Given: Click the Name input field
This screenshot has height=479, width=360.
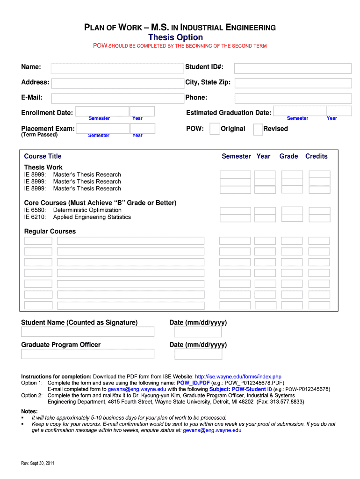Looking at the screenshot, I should [117, 68].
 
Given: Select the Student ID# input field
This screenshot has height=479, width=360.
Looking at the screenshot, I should [293, 68].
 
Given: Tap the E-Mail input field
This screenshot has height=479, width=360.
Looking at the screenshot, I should [117, 98].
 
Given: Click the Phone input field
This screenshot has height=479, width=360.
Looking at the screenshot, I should [293, 98].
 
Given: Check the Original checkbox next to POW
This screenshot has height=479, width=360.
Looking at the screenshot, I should [215, 129].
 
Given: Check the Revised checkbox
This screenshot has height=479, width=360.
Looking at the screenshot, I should [258, 130].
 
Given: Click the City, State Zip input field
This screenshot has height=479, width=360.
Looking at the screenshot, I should [293, 83].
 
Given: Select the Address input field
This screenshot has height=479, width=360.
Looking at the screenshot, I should [117, 83].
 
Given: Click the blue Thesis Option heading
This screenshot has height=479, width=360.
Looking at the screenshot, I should [175, 37].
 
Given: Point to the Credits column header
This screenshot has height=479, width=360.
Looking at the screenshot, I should [316, 156].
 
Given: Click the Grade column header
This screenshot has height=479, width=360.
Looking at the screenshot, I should [288, 156].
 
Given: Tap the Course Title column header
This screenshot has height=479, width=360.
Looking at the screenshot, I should [43, 156].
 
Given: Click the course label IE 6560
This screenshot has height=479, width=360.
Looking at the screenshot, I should [35, 210].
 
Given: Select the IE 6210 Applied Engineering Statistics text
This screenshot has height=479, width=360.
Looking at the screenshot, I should [78, 217].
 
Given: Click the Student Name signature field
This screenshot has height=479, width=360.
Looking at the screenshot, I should [87, 332].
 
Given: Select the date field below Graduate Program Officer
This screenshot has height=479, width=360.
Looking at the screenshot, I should [198, 354].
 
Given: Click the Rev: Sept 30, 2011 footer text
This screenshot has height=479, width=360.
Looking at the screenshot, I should [38, 463].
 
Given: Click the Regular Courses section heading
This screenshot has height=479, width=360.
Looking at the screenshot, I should [50, 232].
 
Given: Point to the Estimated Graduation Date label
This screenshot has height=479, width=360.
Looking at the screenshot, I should [229, 113].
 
